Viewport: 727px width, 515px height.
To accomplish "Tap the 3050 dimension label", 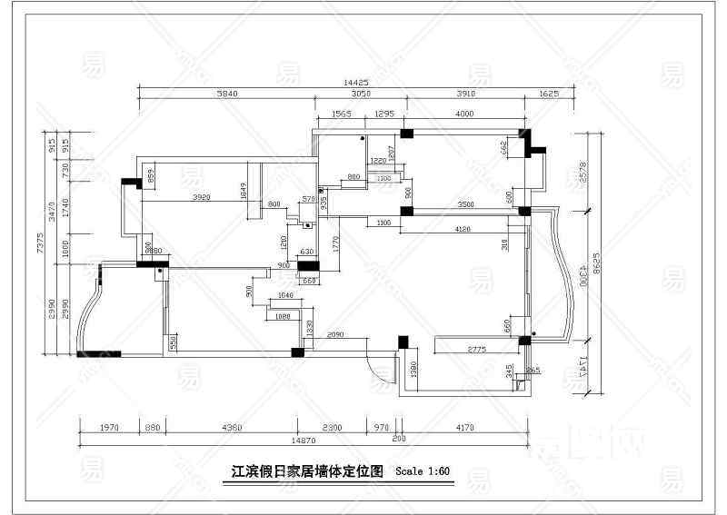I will click(361, 94).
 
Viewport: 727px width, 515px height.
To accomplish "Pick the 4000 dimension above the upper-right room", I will click(463, 114).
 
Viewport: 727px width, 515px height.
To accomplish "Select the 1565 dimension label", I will click(341, 114).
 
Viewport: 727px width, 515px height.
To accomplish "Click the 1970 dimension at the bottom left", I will click(109, 426).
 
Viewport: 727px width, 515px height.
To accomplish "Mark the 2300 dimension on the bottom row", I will click(331, 426).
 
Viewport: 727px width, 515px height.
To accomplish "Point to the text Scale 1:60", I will click(423, 471).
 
